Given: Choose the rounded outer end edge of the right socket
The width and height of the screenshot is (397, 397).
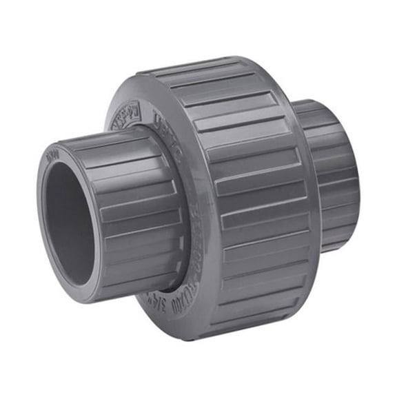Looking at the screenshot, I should [x=355, y=179].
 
